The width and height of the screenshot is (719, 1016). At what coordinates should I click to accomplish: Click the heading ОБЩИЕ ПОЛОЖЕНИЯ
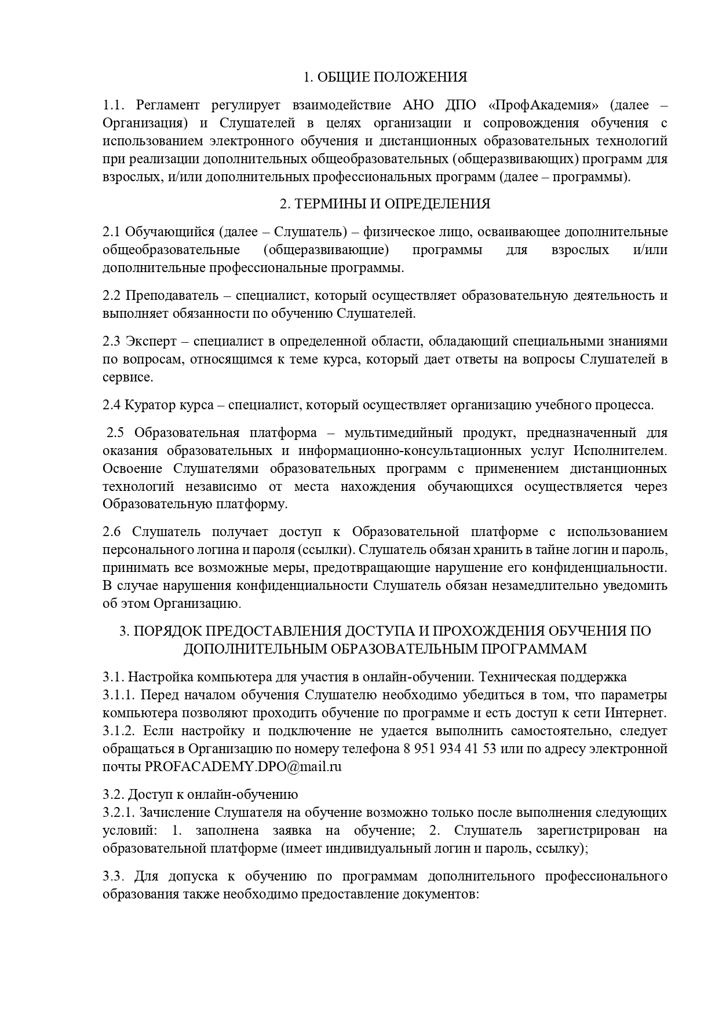coord(385,77)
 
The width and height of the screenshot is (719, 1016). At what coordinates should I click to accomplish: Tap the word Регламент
coord(167,105)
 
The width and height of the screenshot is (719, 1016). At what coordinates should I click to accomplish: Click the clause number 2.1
coord(111,232)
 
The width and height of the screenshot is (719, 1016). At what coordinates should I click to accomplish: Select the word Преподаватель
coord(172,295)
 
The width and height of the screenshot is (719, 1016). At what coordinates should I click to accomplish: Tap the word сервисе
coord(128,377)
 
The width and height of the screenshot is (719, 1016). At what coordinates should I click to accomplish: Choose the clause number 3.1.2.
coord(119,731)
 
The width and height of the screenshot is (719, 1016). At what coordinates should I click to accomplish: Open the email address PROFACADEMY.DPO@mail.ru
coord(243,766)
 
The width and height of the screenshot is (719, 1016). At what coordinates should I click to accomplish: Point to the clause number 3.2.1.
coord(119,812)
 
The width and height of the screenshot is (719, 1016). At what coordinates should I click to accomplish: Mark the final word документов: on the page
coord(444,893)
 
